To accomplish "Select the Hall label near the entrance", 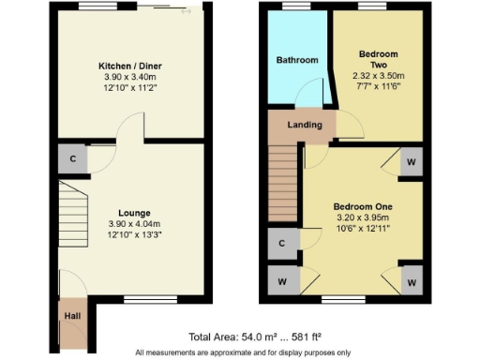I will coord(71,316).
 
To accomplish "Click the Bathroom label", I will coord(296,60).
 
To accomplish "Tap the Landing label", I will coord(305,125).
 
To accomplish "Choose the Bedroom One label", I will coord(362,206).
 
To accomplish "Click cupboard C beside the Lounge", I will coord(72,158).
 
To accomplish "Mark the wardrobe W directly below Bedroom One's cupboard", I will coord(281,280).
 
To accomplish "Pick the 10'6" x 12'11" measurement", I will coord(362,229).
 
